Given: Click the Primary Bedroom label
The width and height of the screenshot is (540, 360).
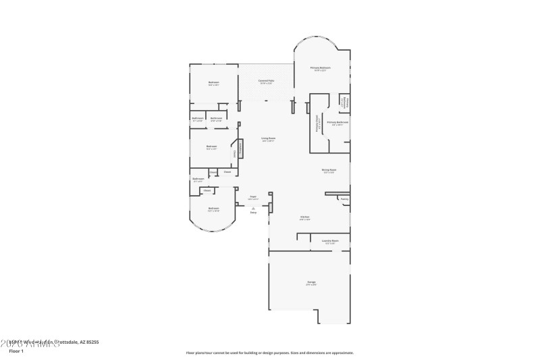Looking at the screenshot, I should (320, 68).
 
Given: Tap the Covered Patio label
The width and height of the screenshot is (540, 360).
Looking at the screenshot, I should (267, 81).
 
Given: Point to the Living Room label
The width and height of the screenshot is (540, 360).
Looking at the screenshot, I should (268, 139).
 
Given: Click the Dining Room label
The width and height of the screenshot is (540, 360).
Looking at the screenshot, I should (329, 170).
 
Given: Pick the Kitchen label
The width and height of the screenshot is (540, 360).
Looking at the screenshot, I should (304, 217).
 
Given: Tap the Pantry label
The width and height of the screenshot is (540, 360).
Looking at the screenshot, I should (344, 199).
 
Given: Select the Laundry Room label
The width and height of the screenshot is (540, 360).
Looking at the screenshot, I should (329, 241).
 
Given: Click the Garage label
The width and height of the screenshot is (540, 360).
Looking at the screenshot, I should (311, 282).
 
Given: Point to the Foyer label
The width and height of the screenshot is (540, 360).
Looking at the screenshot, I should (252, 197).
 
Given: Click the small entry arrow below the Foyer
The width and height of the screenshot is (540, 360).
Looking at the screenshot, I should (253, 209).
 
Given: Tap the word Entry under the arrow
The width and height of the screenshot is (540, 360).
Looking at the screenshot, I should (253, 213).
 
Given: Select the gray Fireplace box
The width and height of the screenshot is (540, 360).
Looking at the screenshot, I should (239, 148).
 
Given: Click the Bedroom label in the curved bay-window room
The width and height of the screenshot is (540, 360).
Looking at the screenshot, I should (213, 209).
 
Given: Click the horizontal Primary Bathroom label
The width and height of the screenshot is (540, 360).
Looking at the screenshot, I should (337, 123).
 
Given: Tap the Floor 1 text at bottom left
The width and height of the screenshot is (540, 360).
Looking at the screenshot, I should (16, 351).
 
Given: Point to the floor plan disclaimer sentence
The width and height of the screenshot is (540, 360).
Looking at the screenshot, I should (269, 353).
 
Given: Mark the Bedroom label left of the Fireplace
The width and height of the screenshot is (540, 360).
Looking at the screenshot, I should (211, 147).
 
